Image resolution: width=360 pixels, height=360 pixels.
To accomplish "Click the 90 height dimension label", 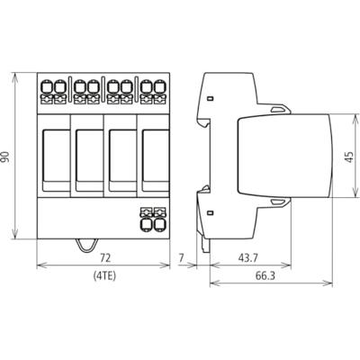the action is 6,157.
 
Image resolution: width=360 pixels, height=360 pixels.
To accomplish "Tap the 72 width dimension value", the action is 105,257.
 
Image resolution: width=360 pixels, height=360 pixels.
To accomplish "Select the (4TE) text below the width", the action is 104,275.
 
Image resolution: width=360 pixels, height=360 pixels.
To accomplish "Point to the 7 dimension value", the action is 181,257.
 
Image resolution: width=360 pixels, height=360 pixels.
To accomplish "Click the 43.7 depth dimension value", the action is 247,257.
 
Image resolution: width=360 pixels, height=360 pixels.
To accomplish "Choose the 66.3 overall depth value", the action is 265,275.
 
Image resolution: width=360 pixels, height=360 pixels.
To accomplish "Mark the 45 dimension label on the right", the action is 348,157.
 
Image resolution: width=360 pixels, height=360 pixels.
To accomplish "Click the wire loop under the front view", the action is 87,247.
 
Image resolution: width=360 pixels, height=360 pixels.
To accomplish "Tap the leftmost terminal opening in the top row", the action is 46,86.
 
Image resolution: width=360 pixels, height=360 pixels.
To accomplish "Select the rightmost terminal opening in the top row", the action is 160,86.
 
